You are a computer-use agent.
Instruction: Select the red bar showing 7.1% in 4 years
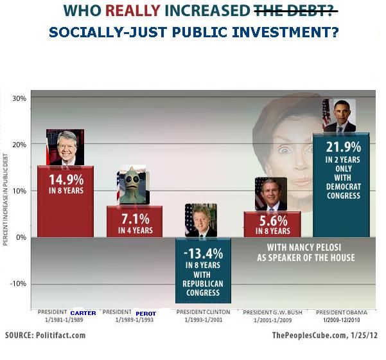(134, 221)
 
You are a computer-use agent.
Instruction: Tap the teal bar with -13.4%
(204, 270)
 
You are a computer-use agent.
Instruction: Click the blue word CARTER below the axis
(83, 313)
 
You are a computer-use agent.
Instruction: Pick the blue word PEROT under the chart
(146, 313)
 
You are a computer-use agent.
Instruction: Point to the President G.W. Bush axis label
(271, 312)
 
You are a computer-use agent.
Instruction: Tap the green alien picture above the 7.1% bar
(133, 186)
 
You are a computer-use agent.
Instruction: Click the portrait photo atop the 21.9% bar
(338, 116)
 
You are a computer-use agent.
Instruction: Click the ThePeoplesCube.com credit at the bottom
(325, 336)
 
